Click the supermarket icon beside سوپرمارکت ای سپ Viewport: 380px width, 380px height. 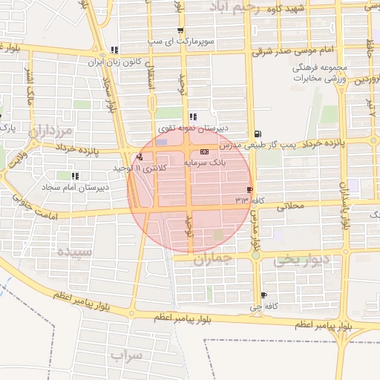180,31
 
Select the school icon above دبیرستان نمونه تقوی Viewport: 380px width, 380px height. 193,117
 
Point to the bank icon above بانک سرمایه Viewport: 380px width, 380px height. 204,151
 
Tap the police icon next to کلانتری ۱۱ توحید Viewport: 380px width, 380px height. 140,157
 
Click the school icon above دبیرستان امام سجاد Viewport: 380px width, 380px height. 75,176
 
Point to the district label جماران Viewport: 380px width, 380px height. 214,260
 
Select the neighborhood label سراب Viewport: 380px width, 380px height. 126,356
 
